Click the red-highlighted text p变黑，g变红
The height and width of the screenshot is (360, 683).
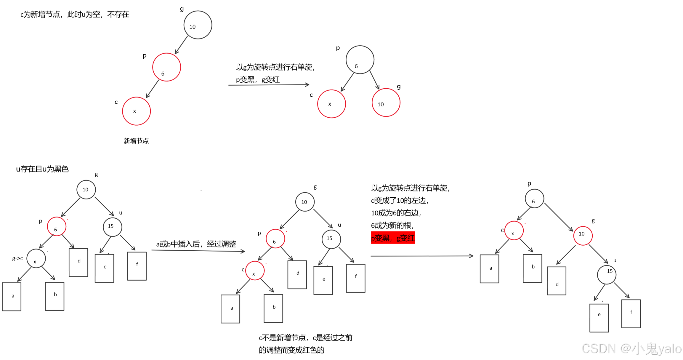(393, 238)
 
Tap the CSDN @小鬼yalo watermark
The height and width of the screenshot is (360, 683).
(631, 349)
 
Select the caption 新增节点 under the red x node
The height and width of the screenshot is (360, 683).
(136, 141)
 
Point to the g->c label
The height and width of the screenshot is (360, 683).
(17, 258)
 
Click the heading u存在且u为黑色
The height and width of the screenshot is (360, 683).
(42, 169)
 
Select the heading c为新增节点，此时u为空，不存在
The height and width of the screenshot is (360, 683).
(75, 15)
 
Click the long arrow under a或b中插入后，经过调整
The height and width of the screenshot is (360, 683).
(198, 251)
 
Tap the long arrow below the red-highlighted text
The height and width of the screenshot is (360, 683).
(422, 256)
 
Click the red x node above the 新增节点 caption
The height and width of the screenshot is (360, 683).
(137, 111)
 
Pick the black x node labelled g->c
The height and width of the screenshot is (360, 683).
(36, 258)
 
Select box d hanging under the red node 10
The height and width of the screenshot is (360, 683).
(557, 281)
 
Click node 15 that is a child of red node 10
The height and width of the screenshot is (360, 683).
(607, 275)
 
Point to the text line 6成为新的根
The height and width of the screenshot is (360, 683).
(392, 225)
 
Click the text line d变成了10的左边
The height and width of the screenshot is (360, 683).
(400, 201)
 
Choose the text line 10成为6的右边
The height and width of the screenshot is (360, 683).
(396, 213)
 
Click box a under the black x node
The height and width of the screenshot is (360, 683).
(12, 297)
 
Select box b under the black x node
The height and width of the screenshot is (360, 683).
(55, 296)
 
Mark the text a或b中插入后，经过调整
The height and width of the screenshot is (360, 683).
(196, 244)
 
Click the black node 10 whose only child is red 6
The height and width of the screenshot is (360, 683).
(198, 25)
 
